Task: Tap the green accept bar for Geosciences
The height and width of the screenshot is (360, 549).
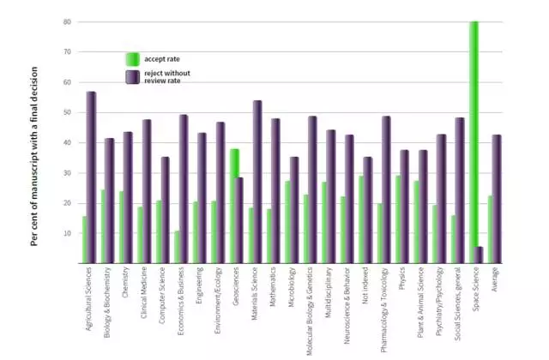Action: [233, 206]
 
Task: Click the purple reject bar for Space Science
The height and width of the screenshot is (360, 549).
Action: [480, 255]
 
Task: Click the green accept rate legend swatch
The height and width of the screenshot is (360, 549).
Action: [132, 59]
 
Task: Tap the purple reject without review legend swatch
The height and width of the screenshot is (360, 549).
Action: [132, 77]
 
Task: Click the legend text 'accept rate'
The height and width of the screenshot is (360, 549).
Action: [163, 59]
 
